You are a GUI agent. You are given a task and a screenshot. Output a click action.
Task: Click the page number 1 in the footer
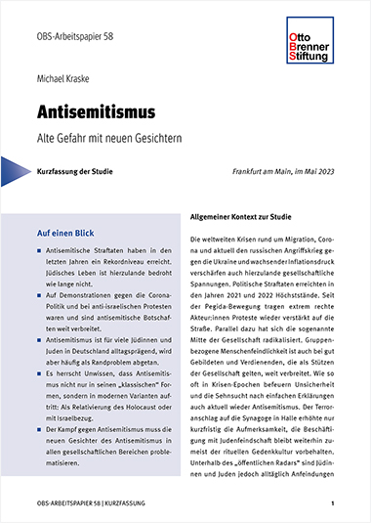[x=333, y=503]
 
